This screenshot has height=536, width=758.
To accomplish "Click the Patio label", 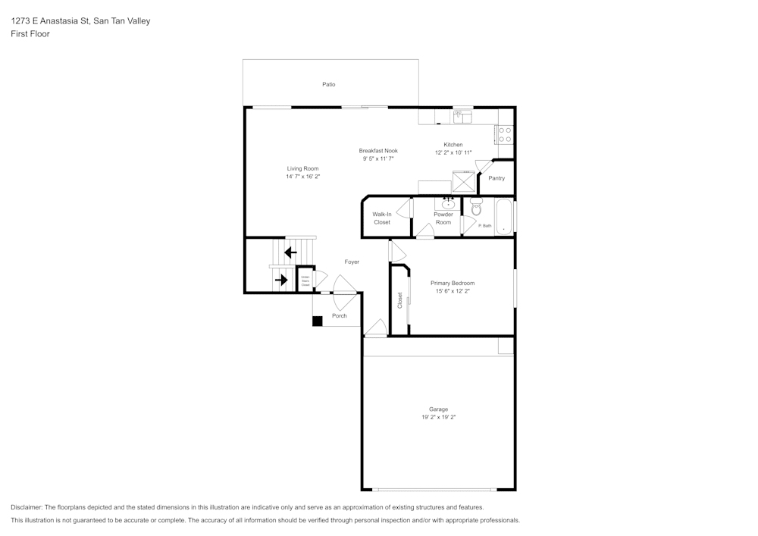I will pos(328,84).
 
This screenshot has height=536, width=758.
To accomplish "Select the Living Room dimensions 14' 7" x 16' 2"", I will pos(302,177).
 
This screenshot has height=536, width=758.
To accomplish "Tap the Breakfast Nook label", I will pos(378,151).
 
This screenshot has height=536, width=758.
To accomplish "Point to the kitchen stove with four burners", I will pos(505,135).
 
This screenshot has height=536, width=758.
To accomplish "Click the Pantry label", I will pos(496,178).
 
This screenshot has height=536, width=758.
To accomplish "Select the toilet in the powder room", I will pos(476,205).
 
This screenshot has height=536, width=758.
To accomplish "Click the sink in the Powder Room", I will pos(446,202).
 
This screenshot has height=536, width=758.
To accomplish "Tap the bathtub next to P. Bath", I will pos(504,218).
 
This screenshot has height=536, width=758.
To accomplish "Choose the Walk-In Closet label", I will pos(382,218).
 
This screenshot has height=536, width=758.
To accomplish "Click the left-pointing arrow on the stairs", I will pos(290,252).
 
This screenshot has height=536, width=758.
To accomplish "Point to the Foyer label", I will pos(352,262).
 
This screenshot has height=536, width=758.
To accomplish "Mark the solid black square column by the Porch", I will pos(318,321).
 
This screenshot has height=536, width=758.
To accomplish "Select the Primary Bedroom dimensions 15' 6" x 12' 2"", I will pos(453,291).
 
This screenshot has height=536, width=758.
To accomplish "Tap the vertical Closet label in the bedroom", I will pos(400,300).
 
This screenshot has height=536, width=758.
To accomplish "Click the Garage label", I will pos(438,409).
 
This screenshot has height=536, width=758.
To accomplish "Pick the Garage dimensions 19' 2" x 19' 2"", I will pos(438,418).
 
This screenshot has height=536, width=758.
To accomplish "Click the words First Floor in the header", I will pos(30,34).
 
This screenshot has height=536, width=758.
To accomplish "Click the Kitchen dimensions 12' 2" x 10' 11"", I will pos(453,152).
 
